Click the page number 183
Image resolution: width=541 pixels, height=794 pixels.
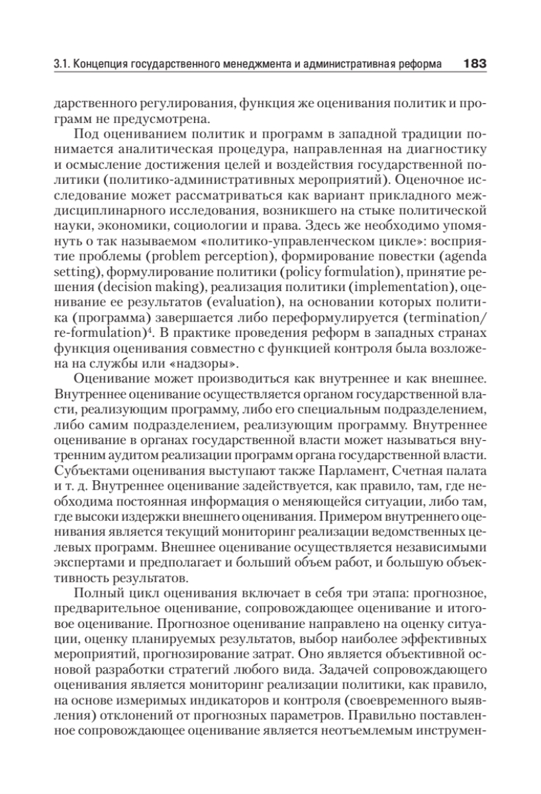coord(475,64)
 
